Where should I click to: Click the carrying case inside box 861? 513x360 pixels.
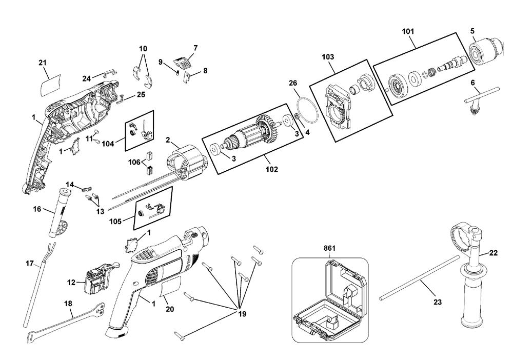[x=331, y=300]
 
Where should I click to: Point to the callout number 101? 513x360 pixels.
[x=408, y=31]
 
